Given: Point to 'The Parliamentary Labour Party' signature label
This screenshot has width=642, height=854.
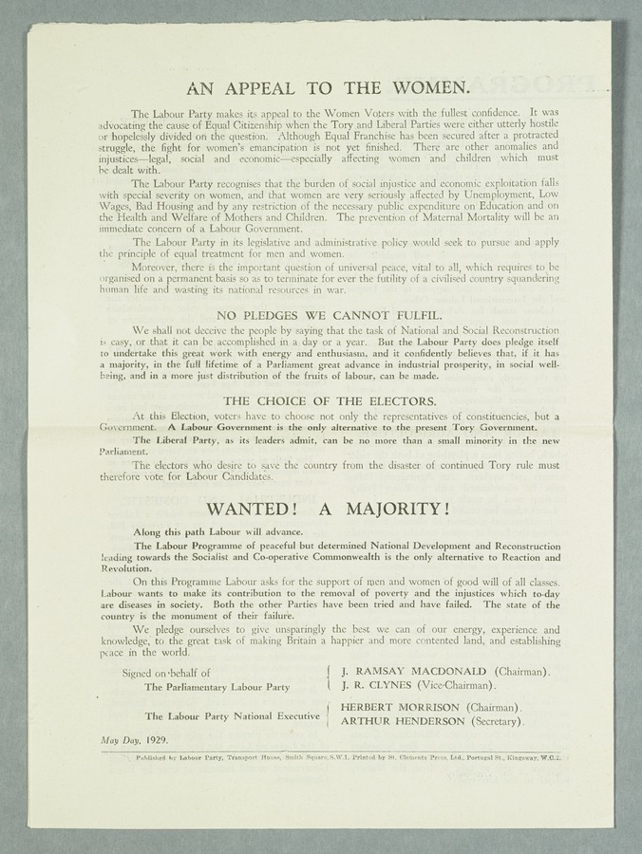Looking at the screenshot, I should click(218, 684).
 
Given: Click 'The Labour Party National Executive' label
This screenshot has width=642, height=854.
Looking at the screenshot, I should click(232, 715).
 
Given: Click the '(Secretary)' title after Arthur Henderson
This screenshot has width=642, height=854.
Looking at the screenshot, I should click(498, 722).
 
